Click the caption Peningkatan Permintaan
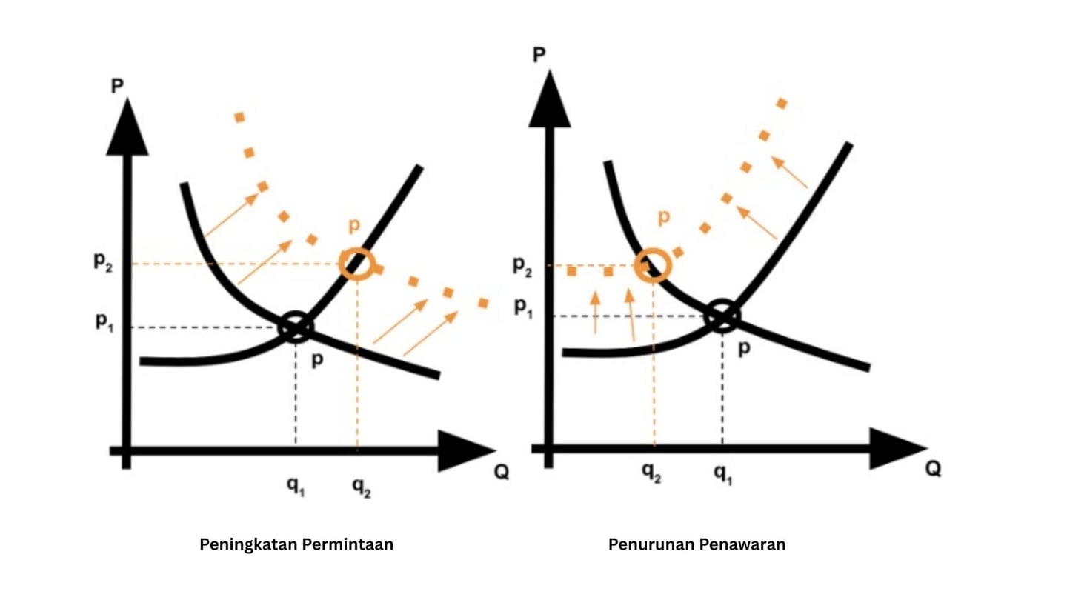click(296, 544)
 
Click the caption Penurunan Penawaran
click(697, 544)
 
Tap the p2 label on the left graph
click(103, 262)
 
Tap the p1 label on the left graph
click(103, 324)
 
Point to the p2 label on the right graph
click(523, 267)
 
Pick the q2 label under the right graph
click(652, 474)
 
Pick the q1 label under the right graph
click(722, 474)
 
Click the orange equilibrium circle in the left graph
click(358, 263)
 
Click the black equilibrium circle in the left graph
click(296, 327)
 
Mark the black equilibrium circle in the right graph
click(722, 316)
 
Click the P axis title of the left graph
click(117, 86)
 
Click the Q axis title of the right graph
click(932, 468)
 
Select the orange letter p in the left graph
click(354, 226)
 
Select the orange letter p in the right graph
click(664, 216)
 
